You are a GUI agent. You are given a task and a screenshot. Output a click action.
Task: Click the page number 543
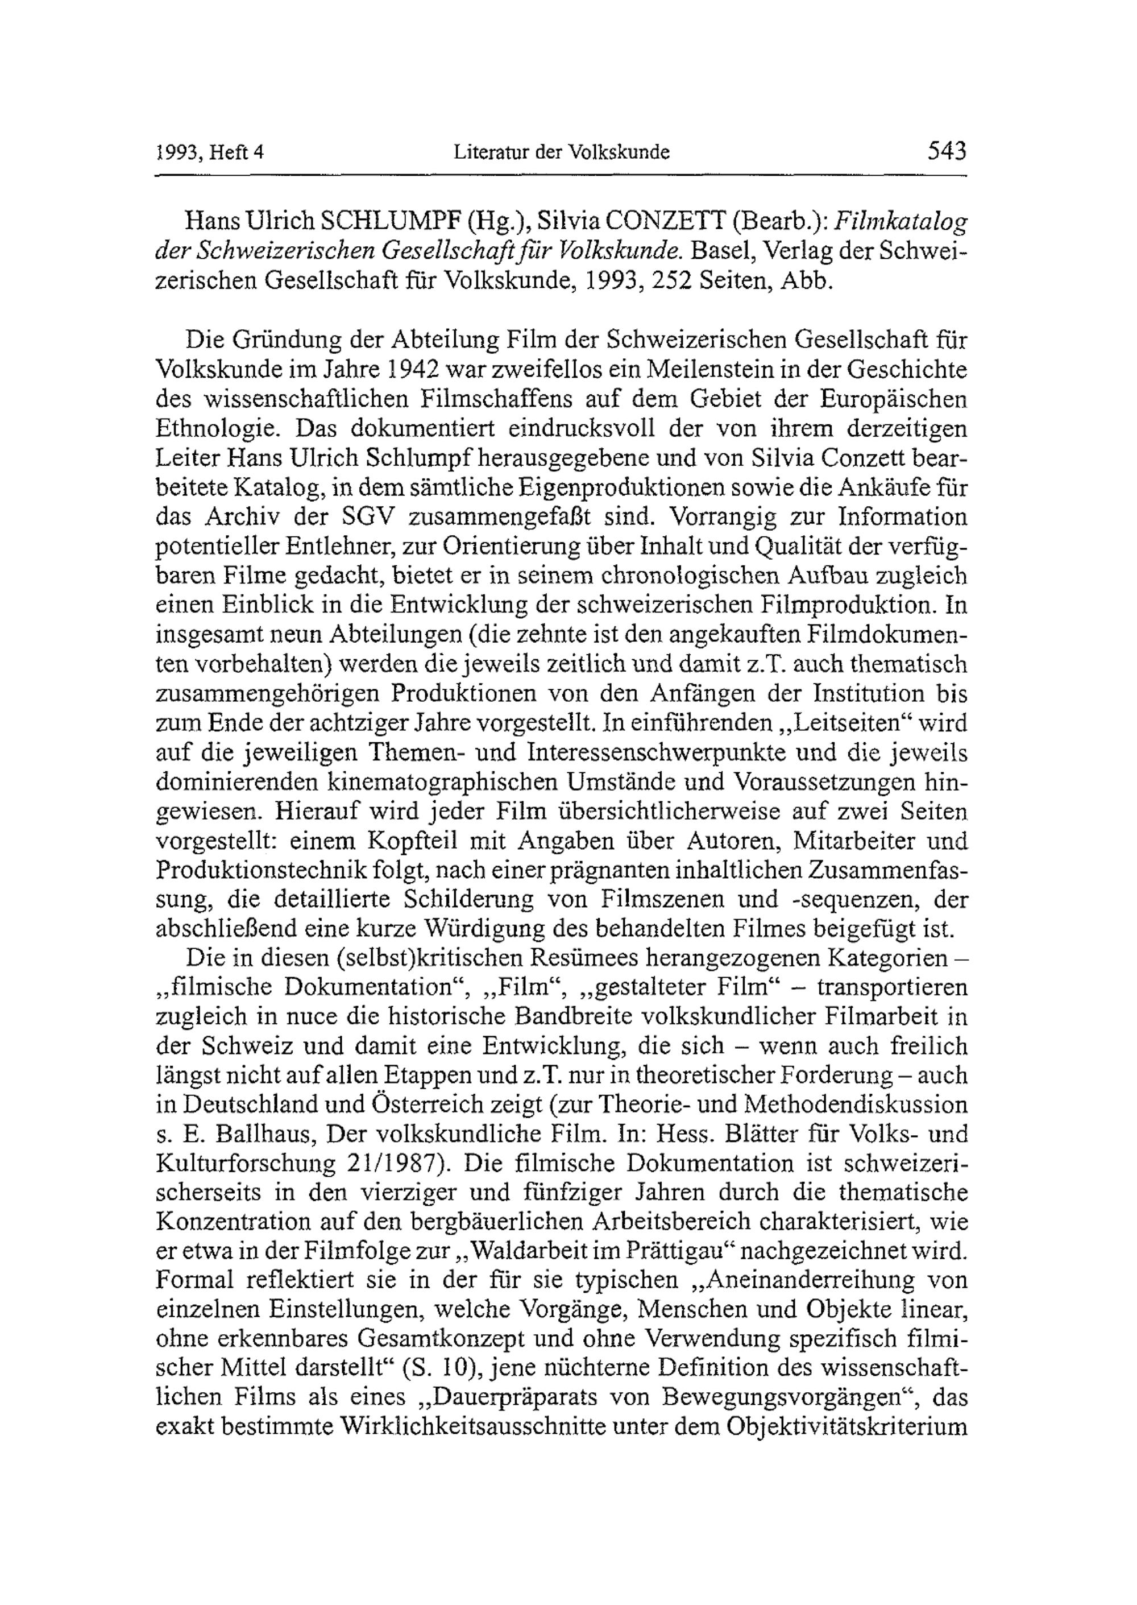947,151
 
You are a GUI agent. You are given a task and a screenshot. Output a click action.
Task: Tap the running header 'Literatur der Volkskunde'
562,152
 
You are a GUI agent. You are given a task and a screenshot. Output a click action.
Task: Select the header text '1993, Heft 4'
209,152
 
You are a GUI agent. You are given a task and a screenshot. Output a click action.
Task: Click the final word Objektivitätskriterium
847,1429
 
